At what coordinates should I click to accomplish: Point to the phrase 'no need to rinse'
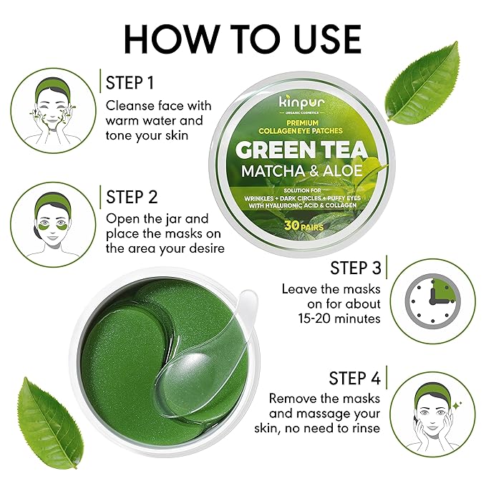(326, 428)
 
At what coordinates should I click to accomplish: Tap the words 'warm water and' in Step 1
(155, 120)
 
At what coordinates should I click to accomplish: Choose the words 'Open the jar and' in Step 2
(157, 219)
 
